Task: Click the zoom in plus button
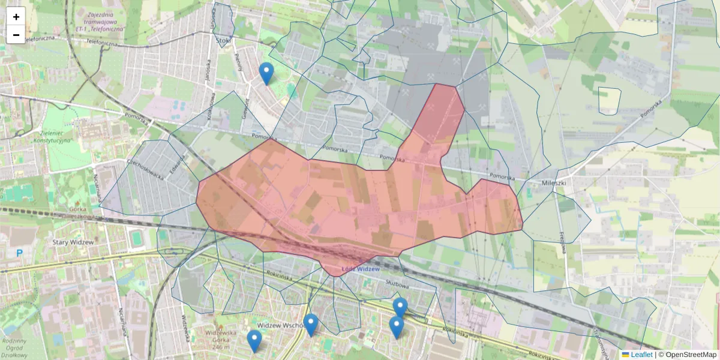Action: point(16,17)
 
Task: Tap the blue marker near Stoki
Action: point(266,73)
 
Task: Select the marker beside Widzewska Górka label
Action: point(254,340)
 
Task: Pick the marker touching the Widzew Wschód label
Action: point(310,325)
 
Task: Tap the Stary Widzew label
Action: point(73,242)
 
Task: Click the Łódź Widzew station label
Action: point(361,269)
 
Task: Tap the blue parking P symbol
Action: point(19,253)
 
